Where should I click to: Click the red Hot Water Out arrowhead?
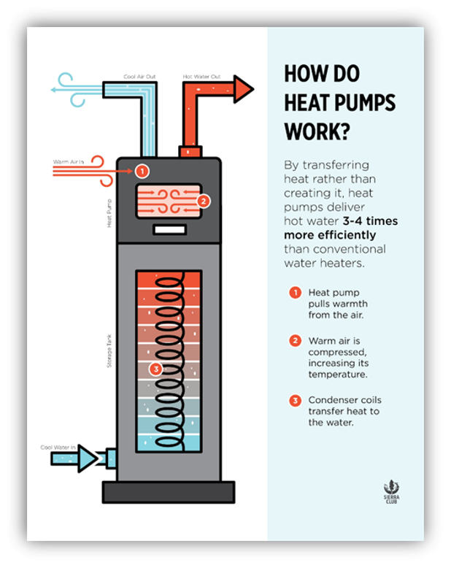click(x=241, y=89)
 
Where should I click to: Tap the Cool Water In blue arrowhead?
click(x=88, y=458)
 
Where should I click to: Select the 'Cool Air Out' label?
click(x=140, y=75)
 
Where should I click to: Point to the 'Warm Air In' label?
click(x=69, y=161)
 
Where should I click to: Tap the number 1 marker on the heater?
click(x=142, y=172)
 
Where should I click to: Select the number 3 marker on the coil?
click(x=155, y=369)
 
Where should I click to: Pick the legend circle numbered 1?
click(x=295, y=293)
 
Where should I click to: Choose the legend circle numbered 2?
click(x=295, y=340)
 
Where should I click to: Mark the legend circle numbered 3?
click(x=295, y=400)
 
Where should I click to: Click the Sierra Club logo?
click(x=392, y=490)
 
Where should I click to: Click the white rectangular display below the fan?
click(x=169, y=230)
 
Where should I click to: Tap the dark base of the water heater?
click(x=169, y=491)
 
